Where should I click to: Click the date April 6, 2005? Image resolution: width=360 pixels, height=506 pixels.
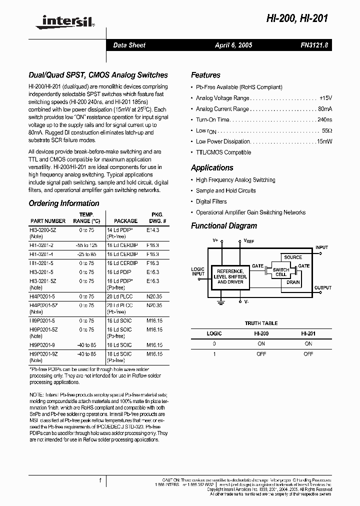click(233, 45)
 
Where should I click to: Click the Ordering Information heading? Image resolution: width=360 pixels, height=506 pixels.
click(64, 203)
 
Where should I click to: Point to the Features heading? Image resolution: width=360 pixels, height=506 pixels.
click(205, 75)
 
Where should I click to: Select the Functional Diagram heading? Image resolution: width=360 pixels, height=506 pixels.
click(224, 226)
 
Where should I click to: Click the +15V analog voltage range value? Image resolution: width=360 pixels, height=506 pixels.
click(325, 98)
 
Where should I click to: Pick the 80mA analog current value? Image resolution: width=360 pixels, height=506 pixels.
click(324, 109)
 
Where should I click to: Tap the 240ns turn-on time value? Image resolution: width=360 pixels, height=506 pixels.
click(324, 120)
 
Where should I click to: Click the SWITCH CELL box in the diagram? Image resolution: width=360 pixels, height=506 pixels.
click(280, 272)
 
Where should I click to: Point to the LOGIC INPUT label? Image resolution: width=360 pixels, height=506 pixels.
click(198, 271)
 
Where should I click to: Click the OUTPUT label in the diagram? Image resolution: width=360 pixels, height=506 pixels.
click(322, 288)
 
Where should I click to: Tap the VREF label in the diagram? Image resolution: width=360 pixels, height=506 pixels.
click(248, 241)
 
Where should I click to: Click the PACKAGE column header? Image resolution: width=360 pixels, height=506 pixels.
click(125, 221)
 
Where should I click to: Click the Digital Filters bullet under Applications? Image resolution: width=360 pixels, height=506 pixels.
click(211, 201)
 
